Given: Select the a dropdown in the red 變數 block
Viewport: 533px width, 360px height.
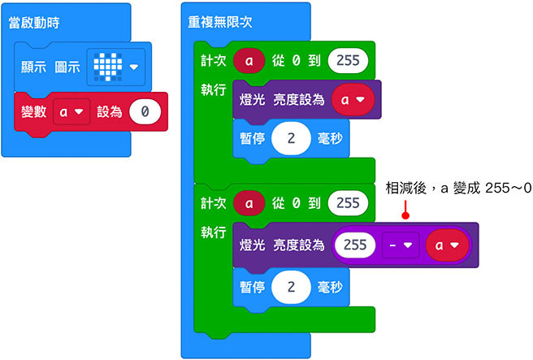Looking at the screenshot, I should pos(71,111).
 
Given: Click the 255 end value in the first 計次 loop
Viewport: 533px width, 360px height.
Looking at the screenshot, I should pos(348,60).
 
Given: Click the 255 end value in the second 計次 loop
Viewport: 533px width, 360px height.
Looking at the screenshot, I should pos(348,202).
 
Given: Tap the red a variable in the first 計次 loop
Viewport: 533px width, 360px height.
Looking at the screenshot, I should pos(247,60).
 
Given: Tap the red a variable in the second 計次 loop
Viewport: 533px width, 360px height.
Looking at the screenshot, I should pos(247,202).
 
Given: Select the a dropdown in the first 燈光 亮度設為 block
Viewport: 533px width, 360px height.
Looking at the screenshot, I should pos(352,101).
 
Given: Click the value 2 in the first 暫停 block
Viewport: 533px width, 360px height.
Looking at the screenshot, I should pos(289,139).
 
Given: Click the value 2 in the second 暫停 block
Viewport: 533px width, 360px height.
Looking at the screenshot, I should pos(289,285).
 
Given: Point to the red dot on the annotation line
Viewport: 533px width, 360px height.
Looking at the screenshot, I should pos(404,216).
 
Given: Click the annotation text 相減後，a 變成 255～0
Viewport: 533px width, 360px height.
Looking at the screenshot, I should pos(458,189).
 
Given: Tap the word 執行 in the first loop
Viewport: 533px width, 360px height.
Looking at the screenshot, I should pos(214,90).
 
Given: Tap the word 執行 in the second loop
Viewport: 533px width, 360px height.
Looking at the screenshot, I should pos(214,232).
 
